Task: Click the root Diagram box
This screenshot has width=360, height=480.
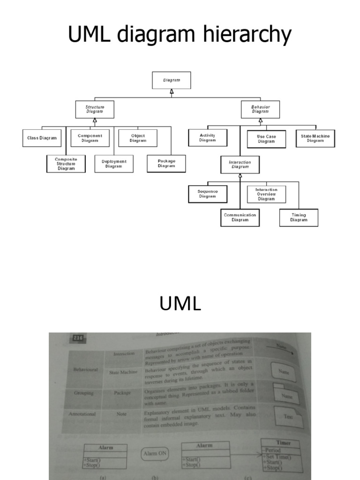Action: click(172, 80)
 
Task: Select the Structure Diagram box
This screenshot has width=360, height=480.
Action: click(95, 110)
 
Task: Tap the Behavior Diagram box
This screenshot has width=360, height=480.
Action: click(261, 110)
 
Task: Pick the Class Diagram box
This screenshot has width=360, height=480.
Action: click(42, 138)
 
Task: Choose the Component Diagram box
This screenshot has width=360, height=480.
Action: click(90, 138)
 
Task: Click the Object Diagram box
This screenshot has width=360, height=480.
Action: click(138, 138)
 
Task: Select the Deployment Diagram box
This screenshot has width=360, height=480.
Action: click(114, 164)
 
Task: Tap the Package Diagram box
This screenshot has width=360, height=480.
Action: click(166, 163)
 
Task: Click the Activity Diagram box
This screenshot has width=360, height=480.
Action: click(207, 138)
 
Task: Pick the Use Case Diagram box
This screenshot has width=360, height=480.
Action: click(266, 139)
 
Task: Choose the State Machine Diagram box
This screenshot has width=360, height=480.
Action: click(315, 138)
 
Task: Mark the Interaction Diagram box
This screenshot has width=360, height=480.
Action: click(240, 165)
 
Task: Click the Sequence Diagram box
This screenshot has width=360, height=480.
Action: click(207, 194)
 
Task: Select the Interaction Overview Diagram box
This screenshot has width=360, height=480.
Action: click(266, 194)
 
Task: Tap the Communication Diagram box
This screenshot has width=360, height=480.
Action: click(240, 217)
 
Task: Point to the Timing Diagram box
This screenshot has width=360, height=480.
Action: click(299, 217)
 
